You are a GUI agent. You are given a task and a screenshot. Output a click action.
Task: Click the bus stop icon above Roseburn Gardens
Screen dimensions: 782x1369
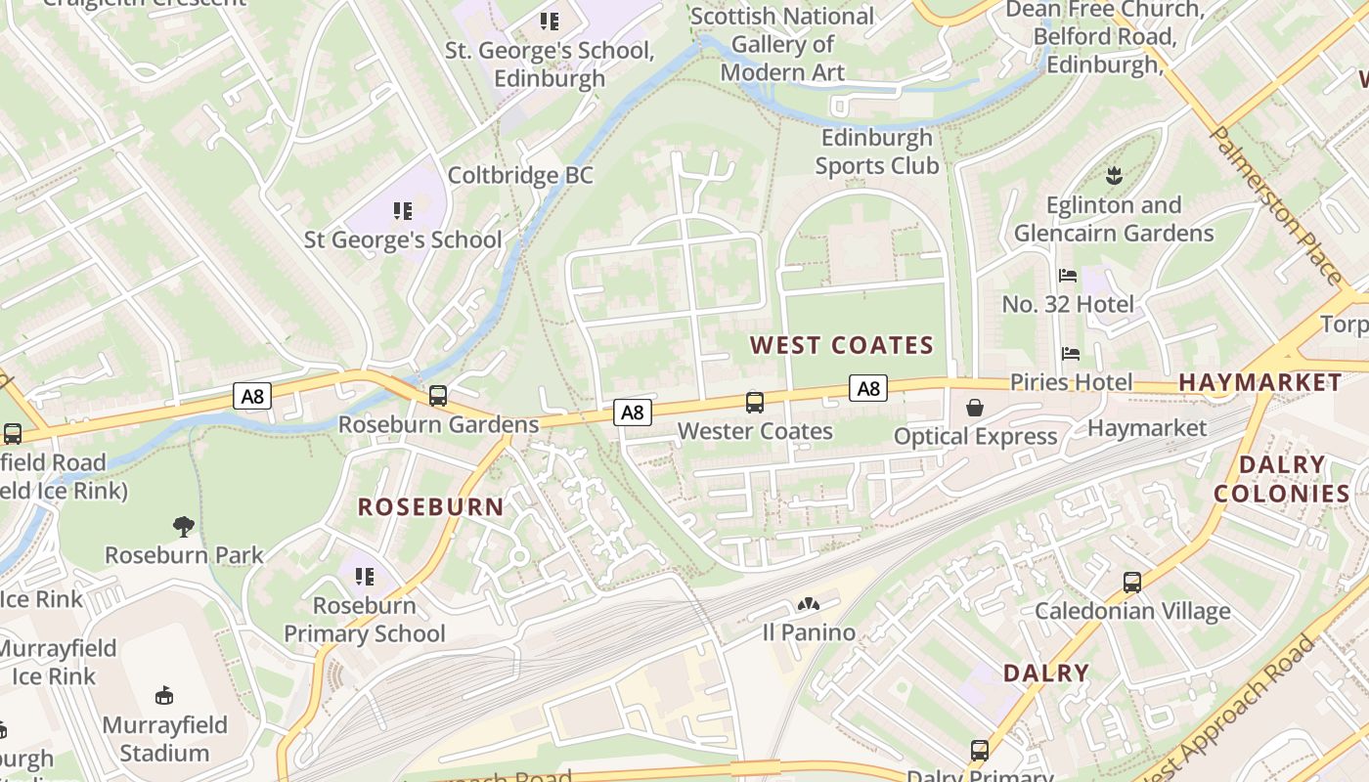tap(438, 396)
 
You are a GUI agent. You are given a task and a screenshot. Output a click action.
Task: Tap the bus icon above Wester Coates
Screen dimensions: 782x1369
tap(755, 402)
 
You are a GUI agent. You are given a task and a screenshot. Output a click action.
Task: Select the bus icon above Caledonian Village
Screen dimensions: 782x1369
tap(1132, 583)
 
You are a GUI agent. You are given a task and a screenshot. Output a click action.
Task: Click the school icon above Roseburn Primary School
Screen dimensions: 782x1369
tap(365, 577)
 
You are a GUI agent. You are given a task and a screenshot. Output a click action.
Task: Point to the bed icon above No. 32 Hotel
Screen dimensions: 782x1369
tap(1068, 277)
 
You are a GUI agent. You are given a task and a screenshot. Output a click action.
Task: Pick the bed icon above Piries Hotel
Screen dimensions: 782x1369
tap(1071, 353)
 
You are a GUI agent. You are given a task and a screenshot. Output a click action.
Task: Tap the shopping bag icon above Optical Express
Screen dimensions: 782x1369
tap(975, 408)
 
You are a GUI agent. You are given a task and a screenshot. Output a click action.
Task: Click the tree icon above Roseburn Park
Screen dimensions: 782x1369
tap(183, 527)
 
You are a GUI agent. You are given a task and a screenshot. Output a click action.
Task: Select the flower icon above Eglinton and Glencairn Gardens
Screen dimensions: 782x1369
tap(1113, 177)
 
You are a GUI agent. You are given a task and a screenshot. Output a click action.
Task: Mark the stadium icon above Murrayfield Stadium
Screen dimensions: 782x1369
tap(164, 696)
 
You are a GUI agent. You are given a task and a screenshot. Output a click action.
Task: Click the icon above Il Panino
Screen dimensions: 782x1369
tap(808, 605)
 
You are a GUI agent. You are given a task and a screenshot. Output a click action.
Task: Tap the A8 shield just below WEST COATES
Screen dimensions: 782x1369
tap(867, 389)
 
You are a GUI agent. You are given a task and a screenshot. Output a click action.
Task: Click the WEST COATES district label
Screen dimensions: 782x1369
tap(842, 345)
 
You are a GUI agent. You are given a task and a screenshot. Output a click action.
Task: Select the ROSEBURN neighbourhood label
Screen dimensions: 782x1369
tap(430, 507)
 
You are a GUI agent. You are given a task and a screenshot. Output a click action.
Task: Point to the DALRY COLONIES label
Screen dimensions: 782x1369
tap(1282, 479)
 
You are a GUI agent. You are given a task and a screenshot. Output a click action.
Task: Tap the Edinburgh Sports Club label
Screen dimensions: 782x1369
tap(877, 152)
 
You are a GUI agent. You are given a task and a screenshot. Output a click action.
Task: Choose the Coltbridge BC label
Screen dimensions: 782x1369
tap(520, 176)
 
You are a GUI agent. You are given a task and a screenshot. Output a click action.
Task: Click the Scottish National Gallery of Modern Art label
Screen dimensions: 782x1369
tap(782, 44)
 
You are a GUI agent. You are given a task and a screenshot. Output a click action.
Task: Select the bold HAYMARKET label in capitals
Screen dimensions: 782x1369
tap(1260, 382)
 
